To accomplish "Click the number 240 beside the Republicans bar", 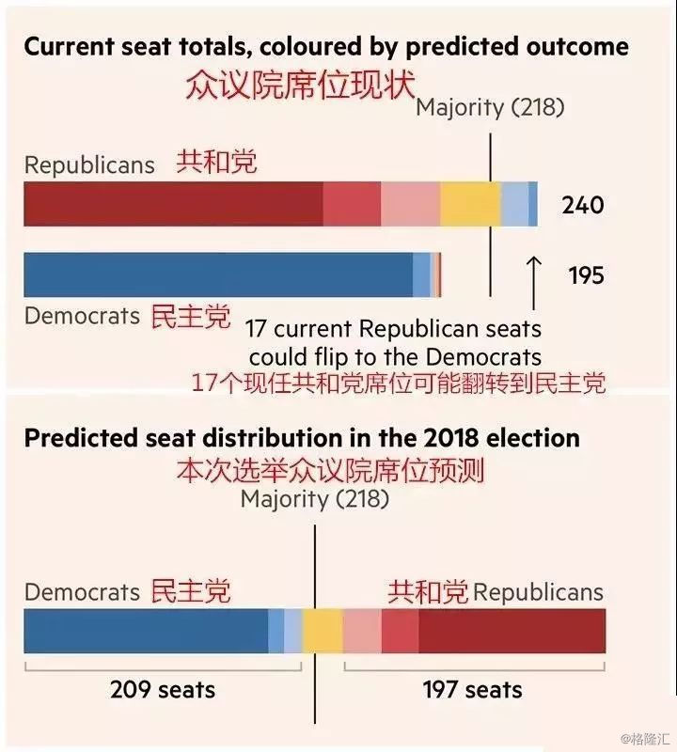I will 583,205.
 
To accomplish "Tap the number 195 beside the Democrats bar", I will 586,275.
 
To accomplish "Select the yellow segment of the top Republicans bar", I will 470,204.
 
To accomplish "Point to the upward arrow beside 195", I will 534,281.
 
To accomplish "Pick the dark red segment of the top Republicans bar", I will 173,204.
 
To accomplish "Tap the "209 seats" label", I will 163,690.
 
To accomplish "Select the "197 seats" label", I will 472,690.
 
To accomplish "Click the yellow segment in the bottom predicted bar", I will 323,631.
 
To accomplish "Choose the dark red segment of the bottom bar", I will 512,631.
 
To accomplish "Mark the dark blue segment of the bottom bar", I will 146,631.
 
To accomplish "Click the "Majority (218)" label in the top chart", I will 490,107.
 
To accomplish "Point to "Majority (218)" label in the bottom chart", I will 314,498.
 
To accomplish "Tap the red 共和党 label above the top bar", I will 216,163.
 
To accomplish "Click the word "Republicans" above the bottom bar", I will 538,592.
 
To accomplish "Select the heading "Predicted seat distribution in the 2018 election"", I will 302,438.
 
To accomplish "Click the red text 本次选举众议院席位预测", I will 330,469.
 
